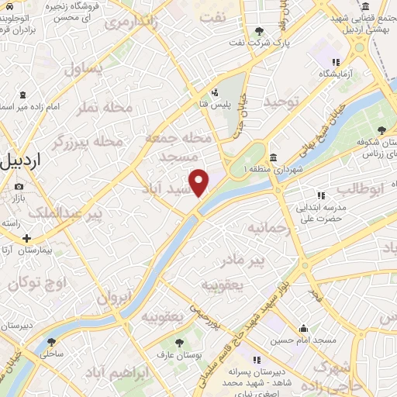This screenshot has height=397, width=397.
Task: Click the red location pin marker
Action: (x=199, y=183)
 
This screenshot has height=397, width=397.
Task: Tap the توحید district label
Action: (x=281, y=102)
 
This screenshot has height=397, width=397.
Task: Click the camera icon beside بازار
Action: (x=19, y=187)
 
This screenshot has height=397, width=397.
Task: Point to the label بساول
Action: (x=82, y=67)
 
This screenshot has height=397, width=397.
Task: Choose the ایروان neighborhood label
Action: (x=116, y=295)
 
